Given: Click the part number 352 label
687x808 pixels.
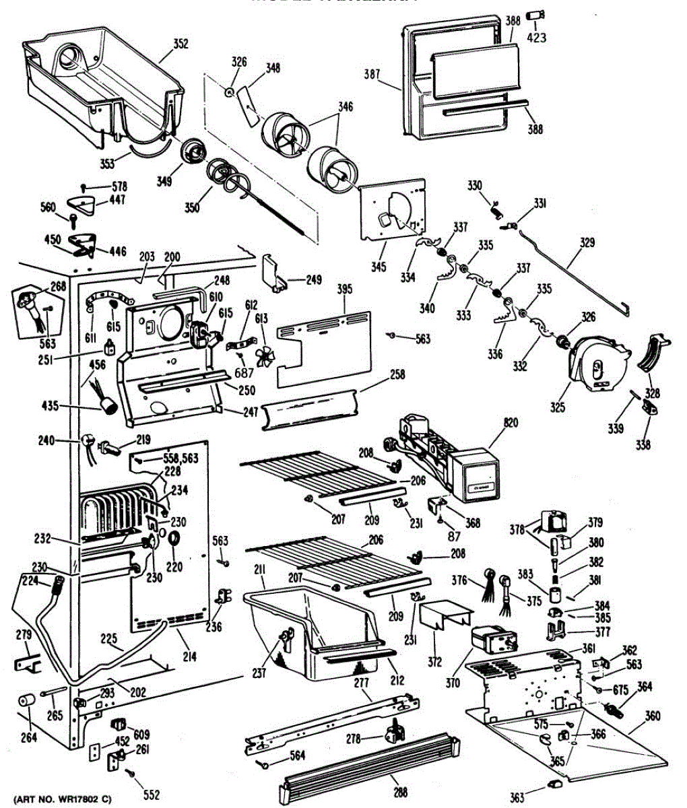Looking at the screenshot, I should point(181,44).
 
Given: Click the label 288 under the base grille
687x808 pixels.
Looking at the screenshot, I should point(400,793).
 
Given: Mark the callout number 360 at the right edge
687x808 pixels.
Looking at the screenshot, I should point(652,716).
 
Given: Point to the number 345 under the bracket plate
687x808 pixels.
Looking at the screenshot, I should point(378,267).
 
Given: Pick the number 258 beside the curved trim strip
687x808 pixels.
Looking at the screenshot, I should point(397,374).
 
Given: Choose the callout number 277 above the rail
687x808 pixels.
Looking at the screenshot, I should point(362,683).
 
